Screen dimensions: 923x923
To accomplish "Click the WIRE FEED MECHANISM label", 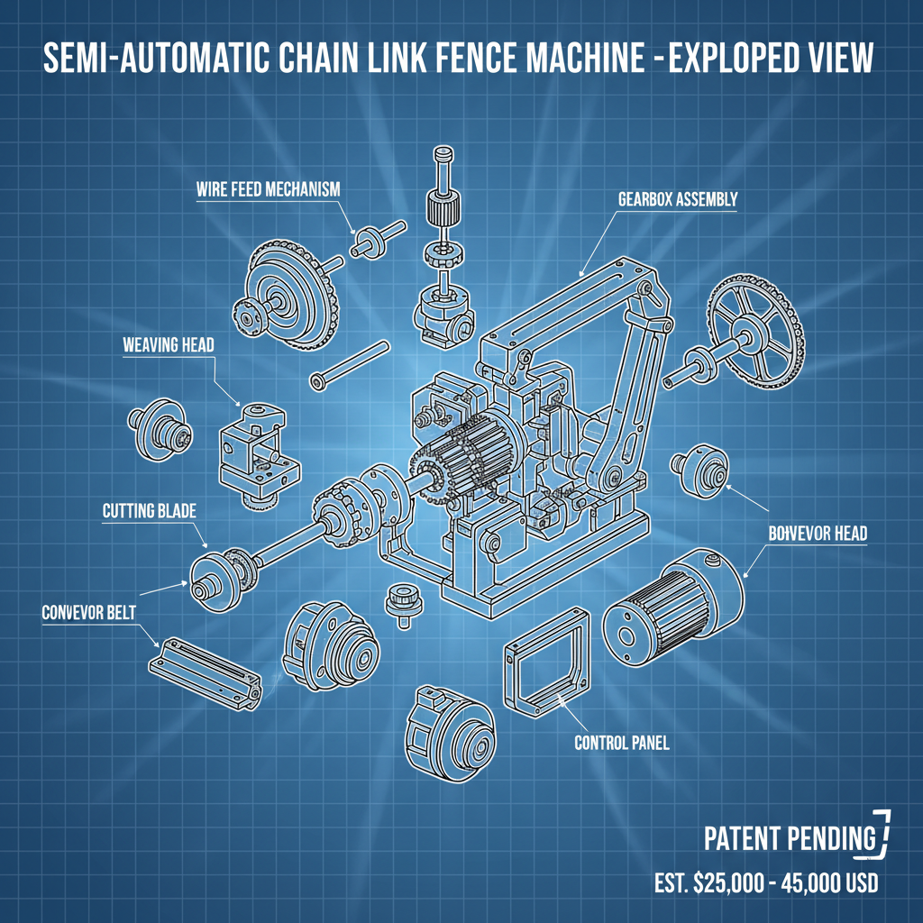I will tap(268, 190).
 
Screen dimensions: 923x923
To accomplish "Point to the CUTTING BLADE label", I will tap(149, 511).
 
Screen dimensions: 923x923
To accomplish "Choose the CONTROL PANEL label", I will tap(621, 744).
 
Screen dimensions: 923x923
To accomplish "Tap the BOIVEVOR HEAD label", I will tap(818, 534).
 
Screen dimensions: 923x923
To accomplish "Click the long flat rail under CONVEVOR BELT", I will tap(205, 669).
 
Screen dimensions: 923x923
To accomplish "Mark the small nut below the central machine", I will tap(398, 599).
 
